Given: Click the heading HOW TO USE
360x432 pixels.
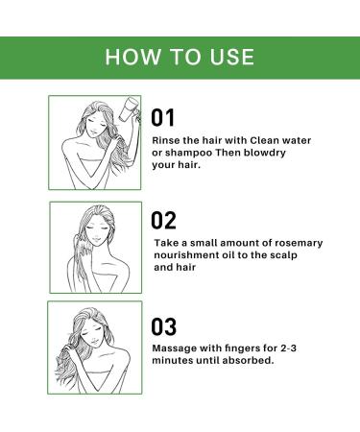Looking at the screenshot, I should (x=180, y=56).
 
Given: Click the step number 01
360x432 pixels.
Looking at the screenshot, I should (x=165, y=118).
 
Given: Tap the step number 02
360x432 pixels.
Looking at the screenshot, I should (x=165, y=219).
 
